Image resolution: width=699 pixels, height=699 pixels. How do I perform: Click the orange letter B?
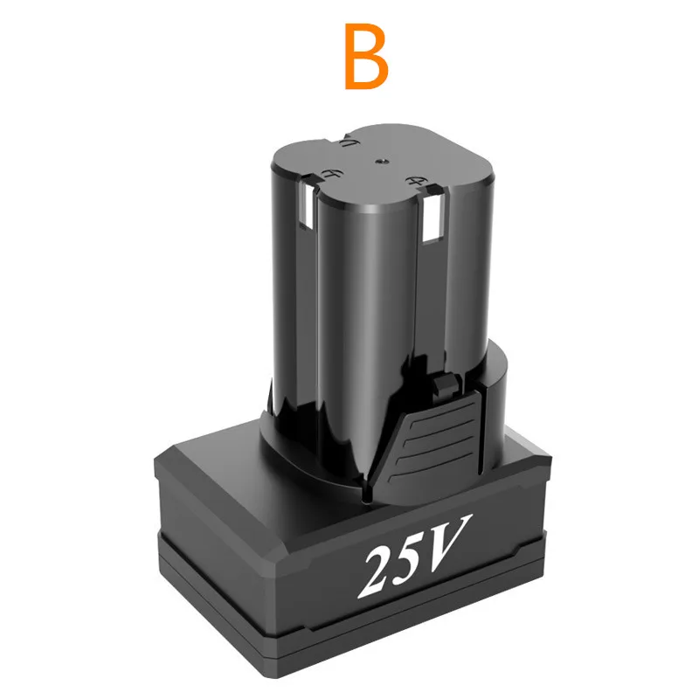point(366,58)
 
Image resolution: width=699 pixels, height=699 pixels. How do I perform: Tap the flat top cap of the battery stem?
point(384,162)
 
